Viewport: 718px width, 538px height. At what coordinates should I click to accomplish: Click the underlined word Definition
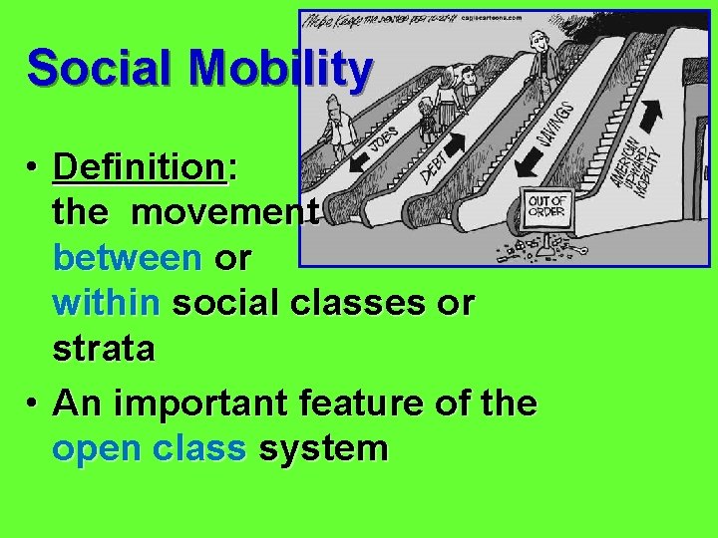(x=139, y=166)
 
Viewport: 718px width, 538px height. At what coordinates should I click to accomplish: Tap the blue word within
(x=106, y=302)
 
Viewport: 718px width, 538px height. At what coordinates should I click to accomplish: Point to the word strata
(x=104, y=349)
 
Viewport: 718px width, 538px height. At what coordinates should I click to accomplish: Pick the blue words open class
(x=149, y=448)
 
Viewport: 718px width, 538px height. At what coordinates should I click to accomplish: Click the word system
(x=322, y=448)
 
